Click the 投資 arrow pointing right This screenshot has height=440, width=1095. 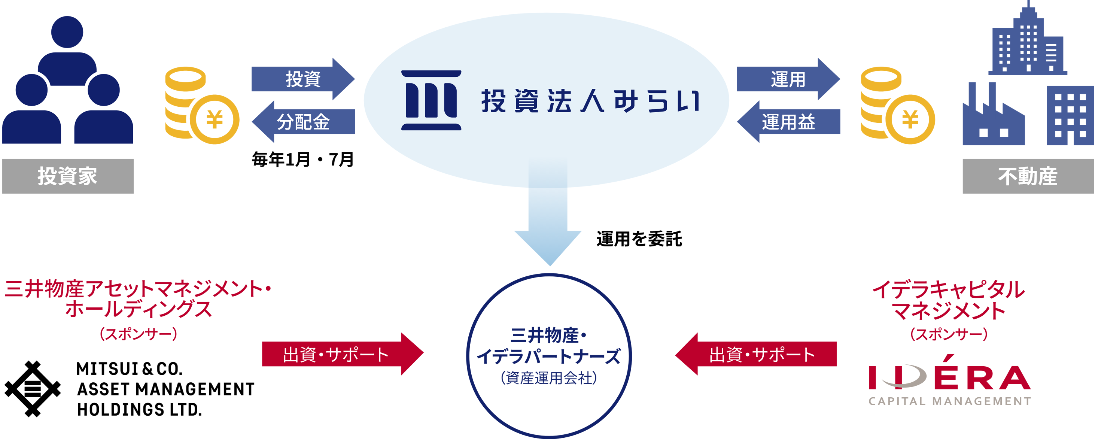click(302, 79)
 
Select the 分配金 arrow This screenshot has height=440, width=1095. click(302, 122)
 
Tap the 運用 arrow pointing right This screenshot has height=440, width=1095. click(788, 79)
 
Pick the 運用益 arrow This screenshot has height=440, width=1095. click(788, 122)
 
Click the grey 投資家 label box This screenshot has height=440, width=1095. click(68, 176)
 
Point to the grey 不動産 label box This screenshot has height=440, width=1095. click(1028, 176)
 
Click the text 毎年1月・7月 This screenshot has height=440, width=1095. click(302, 160)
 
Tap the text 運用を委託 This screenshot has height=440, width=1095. click(639, 239)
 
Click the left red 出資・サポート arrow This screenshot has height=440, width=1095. click(340, 354)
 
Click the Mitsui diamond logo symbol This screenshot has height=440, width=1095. click(33, 389)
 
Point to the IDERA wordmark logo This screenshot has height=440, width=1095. click(949, 377)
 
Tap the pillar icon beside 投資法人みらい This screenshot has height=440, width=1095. click(431, 100)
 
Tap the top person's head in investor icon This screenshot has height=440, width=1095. click(67, 32)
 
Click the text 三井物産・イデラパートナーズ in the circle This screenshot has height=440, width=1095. click(548, 346)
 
